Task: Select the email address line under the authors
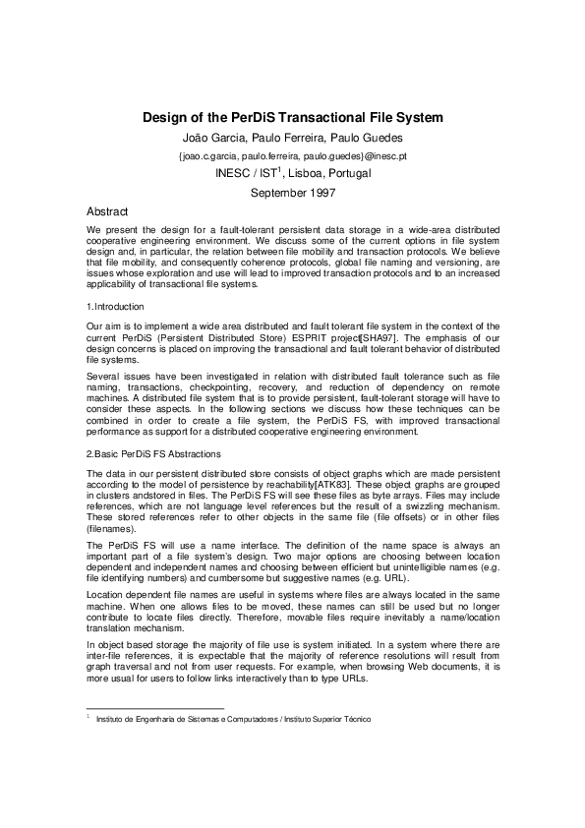pyautogui.click(x=293, y=155)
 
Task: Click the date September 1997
pyautogui.click(x=293, y=193)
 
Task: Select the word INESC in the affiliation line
pyautogui.click(x=233, y=174)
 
